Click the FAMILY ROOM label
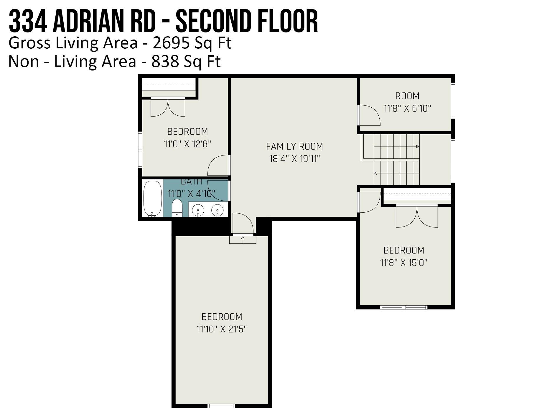coord(294,146)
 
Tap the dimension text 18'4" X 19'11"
coord(294,159)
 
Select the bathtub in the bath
coord(152,199)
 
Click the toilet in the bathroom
coord(177,208)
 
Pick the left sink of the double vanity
coord(198,210)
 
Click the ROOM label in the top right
coord(407,96)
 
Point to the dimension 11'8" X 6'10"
coord(407,109)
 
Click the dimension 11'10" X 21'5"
coord(222,329)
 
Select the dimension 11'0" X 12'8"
coord(187,144)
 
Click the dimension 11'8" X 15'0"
coord(404,263)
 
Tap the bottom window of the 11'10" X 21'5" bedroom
coord(221,406)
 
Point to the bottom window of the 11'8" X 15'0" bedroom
coord(404,307)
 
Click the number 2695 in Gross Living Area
coord(171,43)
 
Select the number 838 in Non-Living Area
coord(165,61)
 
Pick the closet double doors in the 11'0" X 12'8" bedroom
coord(168,107)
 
